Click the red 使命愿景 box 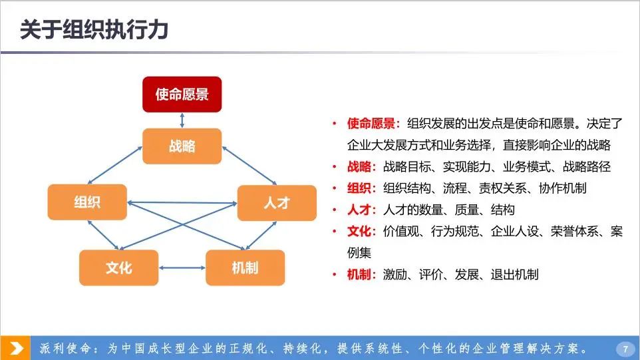point(182,94)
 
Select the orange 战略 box point(182,146)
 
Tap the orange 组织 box point(87,202)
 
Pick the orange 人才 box point(277,203)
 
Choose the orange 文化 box point(119,268)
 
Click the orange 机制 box point(245,268)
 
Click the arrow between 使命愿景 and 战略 point(182,120)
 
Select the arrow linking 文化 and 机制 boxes point(182,268)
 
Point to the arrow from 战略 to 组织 point(115,165)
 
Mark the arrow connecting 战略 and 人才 point(249,166)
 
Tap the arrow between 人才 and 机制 point(261,236)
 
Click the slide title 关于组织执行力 point(94,30)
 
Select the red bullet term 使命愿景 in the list point(371,123)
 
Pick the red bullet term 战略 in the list point(359,166)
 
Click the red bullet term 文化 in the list point(359,232)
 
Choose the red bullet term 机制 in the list point(359,275)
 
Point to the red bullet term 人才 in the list point(359,210)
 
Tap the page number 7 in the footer point(625,349)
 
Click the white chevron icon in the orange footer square point(16,349)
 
